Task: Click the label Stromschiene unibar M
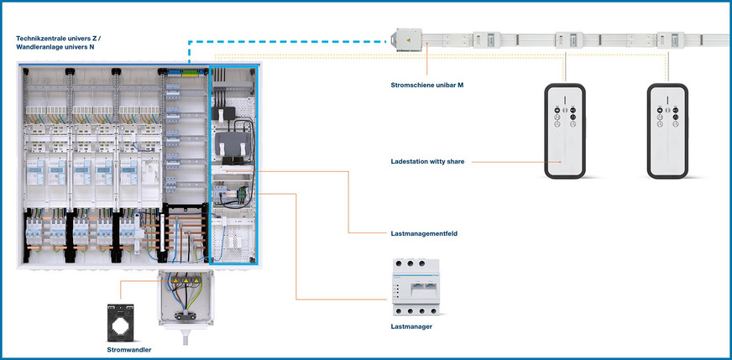pos(427,85)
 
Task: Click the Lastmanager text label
pos(412,326)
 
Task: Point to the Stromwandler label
pos(129,348)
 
